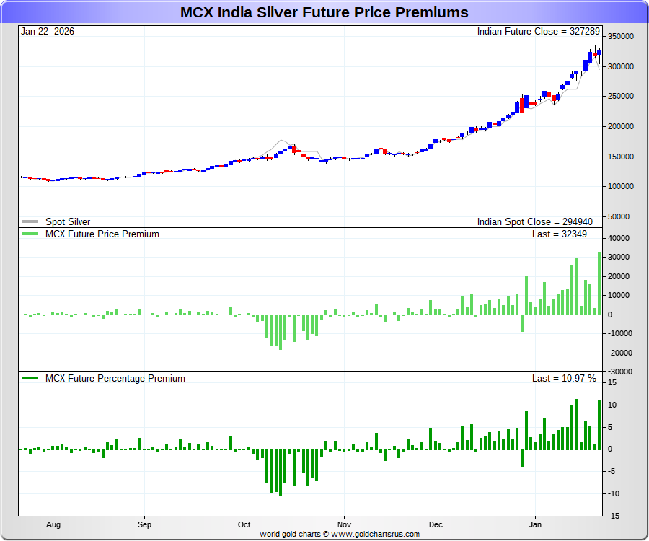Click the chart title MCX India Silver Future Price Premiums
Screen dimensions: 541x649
click(x=324, y=12)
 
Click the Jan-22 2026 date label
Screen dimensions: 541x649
click(x=48, y=32)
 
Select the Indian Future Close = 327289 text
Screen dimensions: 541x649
click(x=539, y=32)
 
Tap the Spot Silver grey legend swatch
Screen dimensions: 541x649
click(x=30, y=222)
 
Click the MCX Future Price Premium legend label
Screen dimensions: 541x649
click(x=102, y=234)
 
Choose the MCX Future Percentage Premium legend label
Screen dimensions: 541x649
click(x=115, y=378)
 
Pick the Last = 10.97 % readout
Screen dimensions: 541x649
click(x=564, y=378)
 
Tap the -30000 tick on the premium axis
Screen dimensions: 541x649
click(x=620, y=371)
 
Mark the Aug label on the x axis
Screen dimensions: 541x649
click(x=53, y=526)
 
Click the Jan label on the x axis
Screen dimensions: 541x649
click(x=536, y=526)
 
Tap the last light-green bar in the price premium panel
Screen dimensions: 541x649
click(x=599, y=283)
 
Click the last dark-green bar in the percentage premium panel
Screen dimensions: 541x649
click(x=599, y=425)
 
